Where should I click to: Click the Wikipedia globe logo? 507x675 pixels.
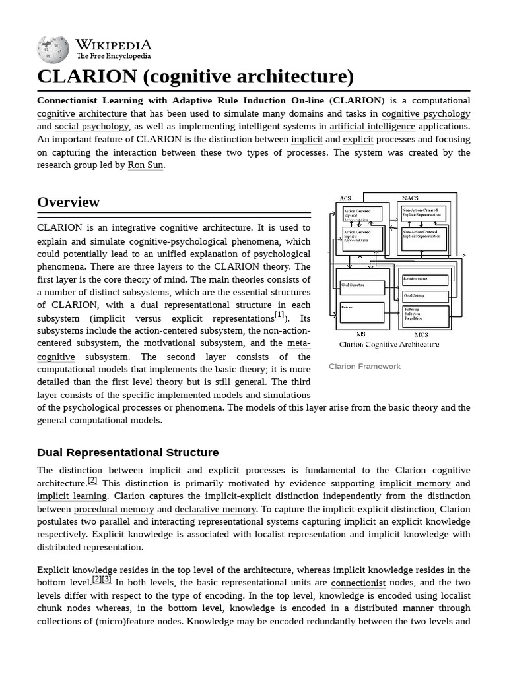tap(53, 50)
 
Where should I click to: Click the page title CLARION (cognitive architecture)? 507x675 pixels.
tap(195, 76)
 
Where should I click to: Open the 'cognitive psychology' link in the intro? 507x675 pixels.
tap(426, 113)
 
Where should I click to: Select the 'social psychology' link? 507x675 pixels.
tap(92, 127)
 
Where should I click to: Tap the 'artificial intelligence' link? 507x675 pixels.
tap(372, 127)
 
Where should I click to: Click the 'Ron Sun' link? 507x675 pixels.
tap(145, 165)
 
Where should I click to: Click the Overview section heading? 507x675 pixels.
tap(69, 202)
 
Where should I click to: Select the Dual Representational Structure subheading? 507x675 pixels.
tap(128, 453)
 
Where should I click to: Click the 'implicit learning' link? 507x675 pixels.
tap(72, 496)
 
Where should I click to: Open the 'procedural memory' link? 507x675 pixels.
tap(114, 510)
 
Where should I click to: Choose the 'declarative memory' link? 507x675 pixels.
tap(215, 510)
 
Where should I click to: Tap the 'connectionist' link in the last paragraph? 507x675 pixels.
tap(358, 583)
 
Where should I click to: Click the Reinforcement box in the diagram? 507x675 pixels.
tap(425, 279)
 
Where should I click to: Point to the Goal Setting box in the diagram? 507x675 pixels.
tap(425, 296)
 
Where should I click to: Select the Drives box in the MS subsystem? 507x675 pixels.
tap(361, 312)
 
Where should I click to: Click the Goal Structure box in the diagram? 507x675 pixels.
tap(361, 287)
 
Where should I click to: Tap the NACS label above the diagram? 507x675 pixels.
tap(410, 198)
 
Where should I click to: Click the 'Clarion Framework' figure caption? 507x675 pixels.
tap(364, 367)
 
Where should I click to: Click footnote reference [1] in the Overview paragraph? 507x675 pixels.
tap(279, 315)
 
